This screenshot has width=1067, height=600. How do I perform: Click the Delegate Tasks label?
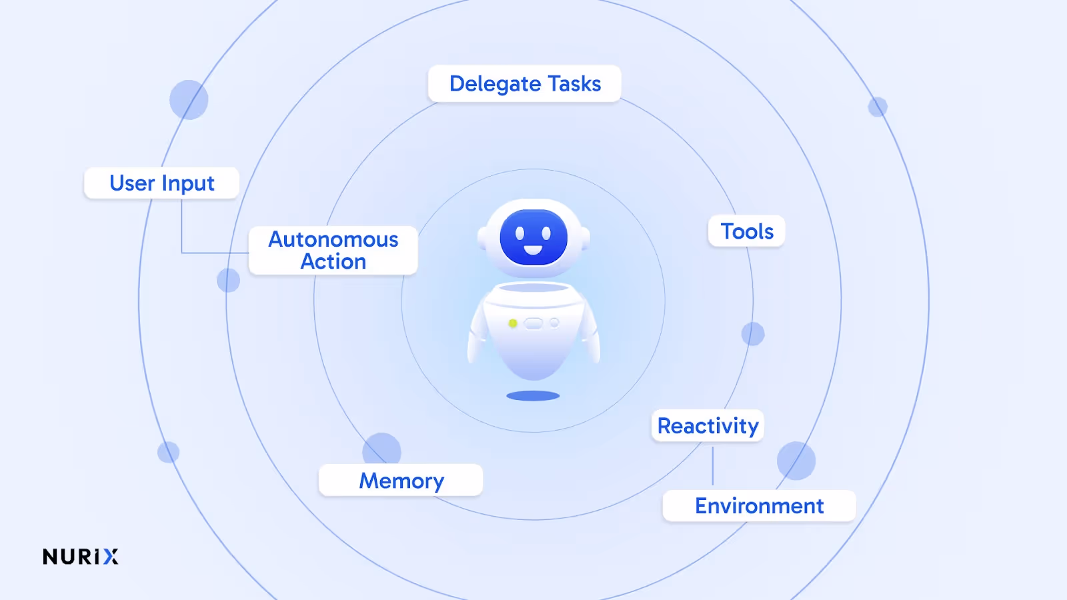point(524,84)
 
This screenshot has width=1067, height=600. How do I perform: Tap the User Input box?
point(161,183)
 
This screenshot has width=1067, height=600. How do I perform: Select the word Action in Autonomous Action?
point(333,262)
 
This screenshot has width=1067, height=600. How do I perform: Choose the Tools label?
point(746,231)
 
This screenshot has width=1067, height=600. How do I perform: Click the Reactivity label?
point(708,426)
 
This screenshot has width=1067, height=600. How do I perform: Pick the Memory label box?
point(401,481)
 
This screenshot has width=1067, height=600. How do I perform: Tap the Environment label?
point(759,506)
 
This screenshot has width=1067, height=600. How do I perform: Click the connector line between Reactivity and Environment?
point(713,466)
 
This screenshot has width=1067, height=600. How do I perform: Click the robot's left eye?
point(520,233)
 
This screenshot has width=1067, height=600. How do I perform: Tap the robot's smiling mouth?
point(533,250)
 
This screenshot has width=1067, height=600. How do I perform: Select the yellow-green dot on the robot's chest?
point(513,323)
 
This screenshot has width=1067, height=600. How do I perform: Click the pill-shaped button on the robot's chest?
point(533,323)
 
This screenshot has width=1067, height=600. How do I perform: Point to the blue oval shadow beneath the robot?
point(533,396)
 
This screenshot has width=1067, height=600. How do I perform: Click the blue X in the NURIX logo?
point(111,557)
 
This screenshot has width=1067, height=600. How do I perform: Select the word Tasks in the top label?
point(574,84)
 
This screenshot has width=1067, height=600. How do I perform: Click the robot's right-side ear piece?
point(586,237)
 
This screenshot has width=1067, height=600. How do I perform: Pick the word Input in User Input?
point(188,184)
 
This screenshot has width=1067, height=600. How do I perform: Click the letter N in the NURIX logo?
point(50,557)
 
